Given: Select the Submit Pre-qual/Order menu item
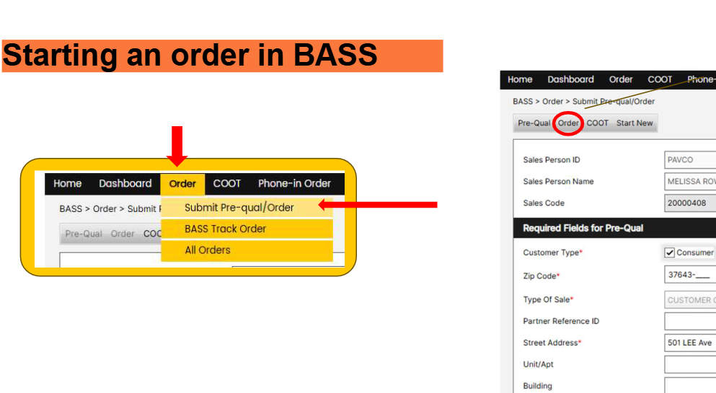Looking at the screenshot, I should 239,208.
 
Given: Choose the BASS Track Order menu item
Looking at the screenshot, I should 225,229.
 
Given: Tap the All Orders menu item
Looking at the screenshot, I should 208,250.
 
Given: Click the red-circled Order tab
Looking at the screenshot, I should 568,123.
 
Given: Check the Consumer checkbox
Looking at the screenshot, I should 669,252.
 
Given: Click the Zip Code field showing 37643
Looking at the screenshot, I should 689,275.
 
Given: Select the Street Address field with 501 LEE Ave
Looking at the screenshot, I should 689,343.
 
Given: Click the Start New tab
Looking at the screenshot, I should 635,123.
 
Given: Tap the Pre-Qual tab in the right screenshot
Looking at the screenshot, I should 534,123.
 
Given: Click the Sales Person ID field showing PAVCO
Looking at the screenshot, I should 689,160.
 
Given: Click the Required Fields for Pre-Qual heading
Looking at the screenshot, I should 583,228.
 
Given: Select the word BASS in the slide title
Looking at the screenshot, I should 337,56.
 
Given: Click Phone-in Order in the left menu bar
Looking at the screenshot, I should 294,184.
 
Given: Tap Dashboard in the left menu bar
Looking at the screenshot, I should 125,184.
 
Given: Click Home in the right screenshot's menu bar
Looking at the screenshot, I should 520,80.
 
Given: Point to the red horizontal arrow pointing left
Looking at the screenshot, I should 378,206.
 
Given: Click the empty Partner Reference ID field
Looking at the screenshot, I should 689,321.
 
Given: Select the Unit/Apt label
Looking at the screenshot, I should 539,364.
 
